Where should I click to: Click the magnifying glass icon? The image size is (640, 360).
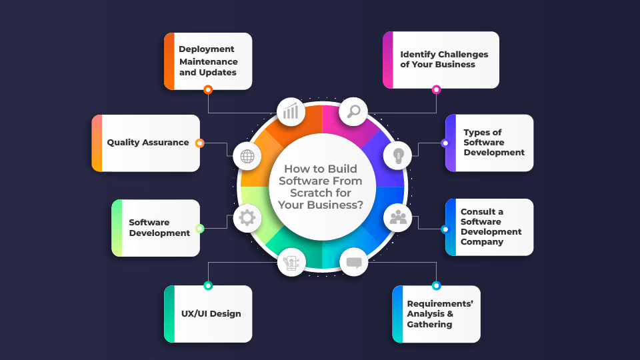(x=353, y=111)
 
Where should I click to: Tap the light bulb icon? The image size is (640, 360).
(x=399, y=155)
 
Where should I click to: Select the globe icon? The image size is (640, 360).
(x=247, y=157)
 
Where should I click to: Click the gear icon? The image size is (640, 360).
(x=247, y=217)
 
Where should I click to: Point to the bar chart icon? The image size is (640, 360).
(x=291, y=111)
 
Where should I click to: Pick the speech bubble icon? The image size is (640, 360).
(x=353, y=262)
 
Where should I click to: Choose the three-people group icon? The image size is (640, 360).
(x=399, y=217)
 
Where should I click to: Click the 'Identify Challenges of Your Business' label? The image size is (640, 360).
(x=444, y=59)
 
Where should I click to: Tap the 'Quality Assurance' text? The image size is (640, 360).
(x=148, y=143)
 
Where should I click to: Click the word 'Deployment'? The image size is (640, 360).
(x=207, y=49)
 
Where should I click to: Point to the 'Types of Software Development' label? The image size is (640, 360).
(x=494, y=143)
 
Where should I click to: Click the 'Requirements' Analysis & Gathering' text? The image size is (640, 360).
(x=440, y=314)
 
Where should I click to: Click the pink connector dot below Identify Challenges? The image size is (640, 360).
(x=437, y=89)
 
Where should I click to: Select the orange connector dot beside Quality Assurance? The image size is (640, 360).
(x=199, y=143)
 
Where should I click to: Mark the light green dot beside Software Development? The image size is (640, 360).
(x=199, y=228)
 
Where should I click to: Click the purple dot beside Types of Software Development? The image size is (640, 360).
(x=445, y=143)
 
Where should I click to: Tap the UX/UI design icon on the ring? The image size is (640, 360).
(x=291, y=262)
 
